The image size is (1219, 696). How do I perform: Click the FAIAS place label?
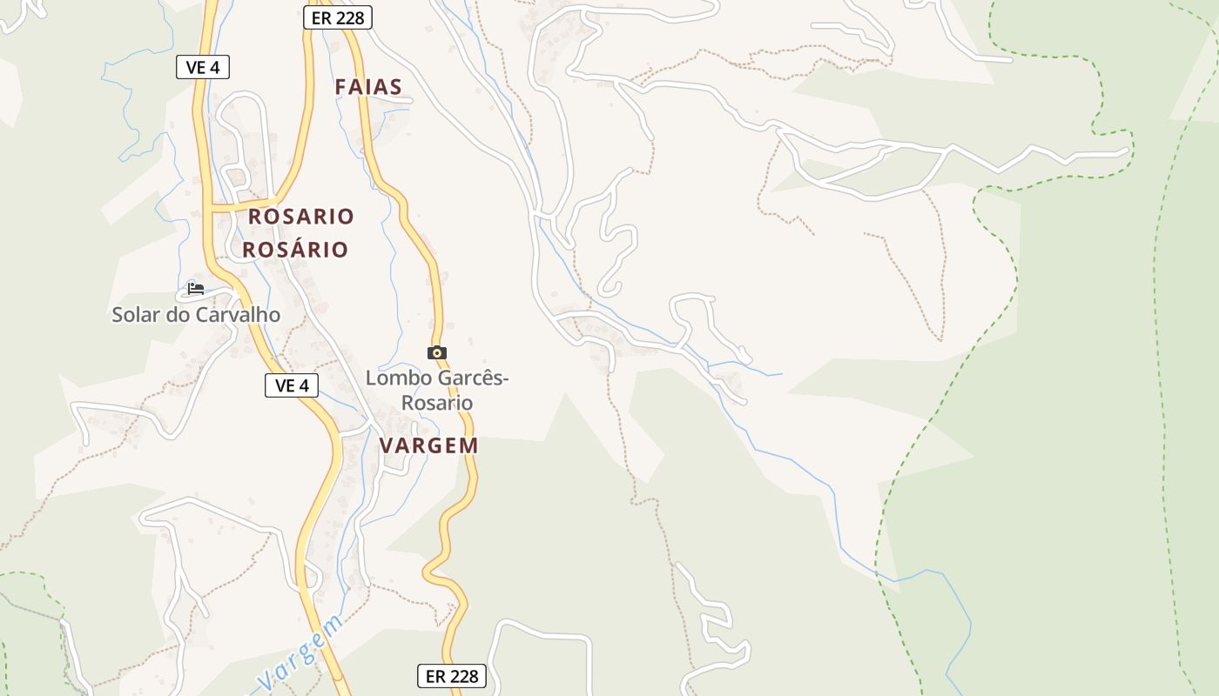pos(368,87)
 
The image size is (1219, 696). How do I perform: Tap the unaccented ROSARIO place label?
pos(300,217)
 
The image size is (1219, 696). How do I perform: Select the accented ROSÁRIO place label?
pos(295,250)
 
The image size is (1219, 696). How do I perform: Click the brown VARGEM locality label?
pos(428,445)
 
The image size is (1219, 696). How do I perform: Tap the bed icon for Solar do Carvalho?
pos(196,288)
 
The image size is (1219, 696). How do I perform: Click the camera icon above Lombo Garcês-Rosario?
pos(437,352)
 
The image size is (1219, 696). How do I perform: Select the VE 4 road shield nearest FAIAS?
pos(203,67)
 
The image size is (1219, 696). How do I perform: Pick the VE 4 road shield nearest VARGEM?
pos(292,385)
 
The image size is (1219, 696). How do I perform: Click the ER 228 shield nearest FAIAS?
pos(338,17)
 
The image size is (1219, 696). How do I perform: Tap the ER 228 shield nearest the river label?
pos(451,675)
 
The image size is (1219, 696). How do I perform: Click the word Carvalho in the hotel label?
pos(238,315)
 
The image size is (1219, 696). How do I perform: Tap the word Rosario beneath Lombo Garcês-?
pos(436,403)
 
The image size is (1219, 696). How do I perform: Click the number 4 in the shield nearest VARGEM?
pos(306,385)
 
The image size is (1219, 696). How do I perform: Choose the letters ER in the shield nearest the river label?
pos(435,675)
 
